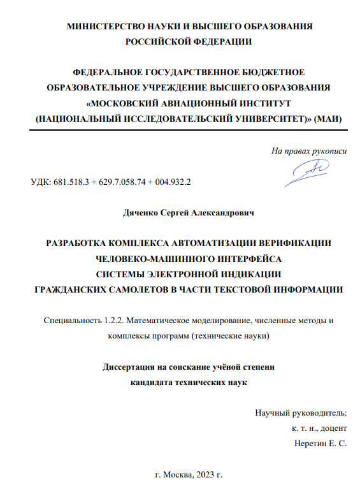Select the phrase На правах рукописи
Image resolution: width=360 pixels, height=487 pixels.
(x=309, y=151)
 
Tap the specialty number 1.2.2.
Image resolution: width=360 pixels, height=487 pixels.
(x=115, y=320)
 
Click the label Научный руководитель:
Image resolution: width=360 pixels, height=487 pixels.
(x=301, y=412)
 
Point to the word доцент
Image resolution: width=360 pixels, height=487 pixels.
(x=333, y=428)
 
